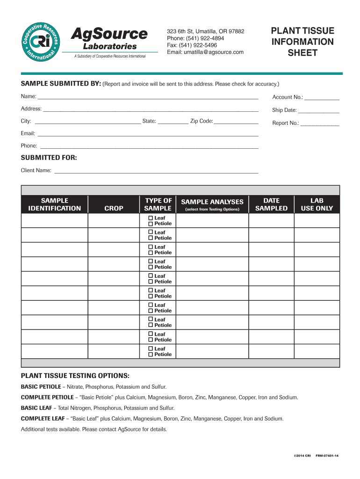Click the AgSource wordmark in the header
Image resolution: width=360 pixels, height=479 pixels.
coord(109,34)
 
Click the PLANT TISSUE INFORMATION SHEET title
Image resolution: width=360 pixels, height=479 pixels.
coord(302,42)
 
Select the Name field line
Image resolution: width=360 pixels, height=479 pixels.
coord(148,98)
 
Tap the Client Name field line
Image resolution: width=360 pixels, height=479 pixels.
coord(156,172)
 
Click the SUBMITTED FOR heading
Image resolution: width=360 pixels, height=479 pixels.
coord(49,158)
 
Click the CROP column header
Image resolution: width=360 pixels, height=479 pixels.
coord(114,208)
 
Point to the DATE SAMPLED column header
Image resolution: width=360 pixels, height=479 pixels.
coord(271,204)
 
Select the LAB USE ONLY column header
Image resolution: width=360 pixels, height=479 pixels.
coord(317,204)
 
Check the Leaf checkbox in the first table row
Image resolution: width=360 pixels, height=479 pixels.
coord(151,218)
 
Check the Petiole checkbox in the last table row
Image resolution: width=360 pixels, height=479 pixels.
coord(151,355)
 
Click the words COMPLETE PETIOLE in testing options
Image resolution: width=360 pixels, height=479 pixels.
coord(47,397)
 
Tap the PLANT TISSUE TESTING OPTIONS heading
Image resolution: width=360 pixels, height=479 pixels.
coord(75,377)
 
